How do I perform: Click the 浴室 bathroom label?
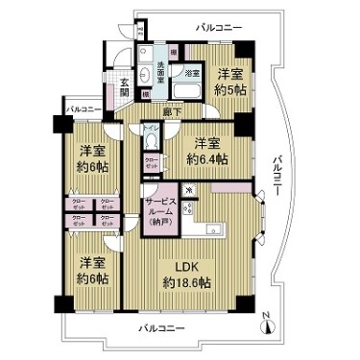point(191,73)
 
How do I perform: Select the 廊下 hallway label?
point(172,112)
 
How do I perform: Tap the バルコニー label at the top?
point(218,28)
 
